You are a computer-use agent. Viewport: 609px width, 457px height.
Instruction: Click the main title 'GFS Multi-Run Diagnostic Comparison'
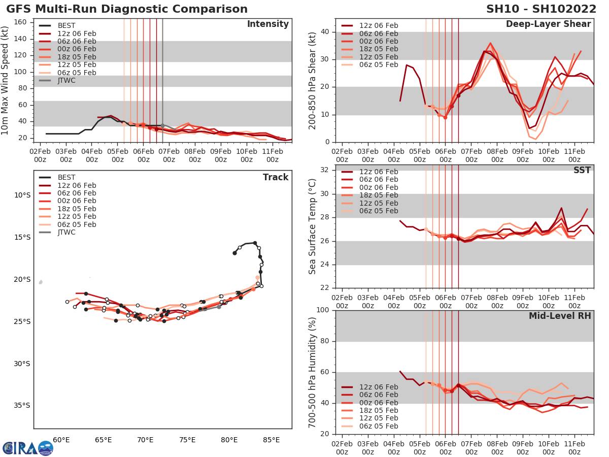(127, 9)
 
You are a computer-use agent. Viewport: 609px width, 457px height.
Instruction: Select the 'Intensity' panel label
(267, 24)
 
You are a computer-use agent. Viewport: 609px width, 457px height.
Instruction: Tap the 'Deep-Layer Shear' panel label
(548, 24)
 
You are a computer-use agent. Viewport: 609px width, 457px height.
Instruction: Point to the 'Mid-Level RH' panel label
(560, 316)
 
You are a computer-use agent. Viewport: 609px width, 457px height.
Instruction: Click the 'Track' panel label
(275, 177)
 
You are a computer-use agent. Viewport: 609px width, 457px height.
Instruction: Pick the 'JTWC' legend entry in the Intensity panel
(66, 80)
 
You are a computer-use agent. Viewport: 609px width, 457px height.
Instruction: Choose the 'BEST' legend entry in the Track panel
(66, 177)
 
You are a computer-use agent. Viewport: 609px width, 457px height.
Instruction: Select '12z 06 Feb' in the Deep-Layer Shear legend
(379, 25)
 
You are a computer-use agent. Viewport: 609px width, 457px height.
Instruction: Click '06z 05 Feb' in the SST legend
(379, 211)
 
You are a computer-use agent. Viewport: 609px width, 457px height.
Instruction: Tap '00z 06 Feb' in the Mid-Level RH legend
(379, 403)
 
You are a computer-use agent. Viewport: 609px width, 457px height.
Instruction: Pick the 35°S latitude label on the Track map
(23, 405)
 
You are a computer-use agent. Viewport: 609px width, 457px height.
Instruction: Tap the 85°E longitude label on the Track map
(272, 439)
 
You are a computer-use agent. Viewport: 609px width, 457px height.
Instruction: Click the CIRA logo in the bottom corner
(28, 448)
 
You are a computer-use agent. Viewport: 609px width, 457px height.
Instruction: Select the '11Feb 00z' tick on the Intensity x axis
(272, 155)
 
